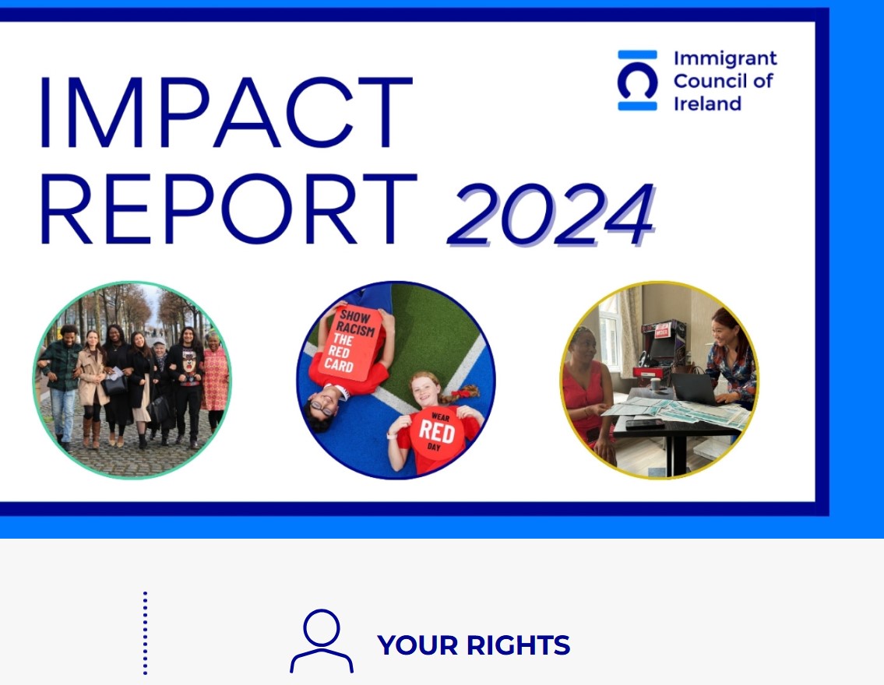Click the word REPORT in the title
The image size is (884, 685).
click(228, 209)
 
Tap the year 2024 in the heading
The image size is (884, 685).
click(551, 215)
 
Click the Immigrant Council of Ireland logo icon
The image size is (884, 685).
click(637, 80)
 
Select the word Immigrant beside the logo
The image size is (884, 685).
click(725, 59)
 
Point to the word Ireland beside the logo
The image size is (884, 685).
click(707, 104)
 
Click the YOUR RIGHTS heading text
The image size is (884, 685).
click(474, 645)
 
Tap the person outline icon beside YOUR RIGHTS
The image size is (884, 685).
click(322, 641)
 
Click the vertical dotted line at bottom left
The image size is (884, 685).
click(146, 633)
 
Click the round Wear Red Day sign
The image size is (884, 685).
click(437, 434)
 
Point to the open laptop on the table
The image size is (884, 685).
click(696, 388)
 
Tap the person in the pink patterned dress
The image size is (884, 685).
click(215, 380)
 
